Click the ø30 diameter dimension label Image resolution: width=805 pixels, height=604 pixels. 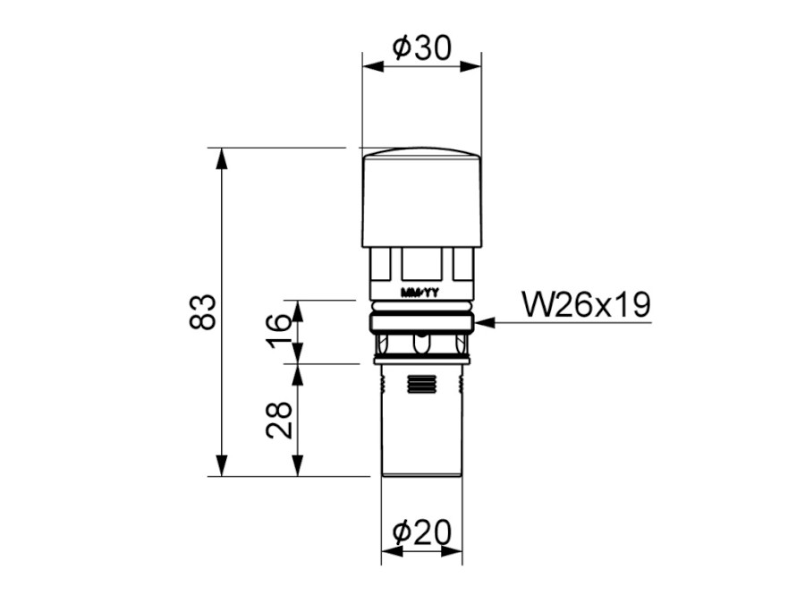tap(421, 47)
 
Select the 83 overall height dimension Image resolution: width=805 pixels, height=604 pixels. tap(202, 311)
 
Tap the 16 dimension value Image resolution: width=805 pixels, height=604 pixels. tap(279, 330)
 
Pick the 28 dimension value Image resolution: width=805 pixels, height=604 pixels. tap(279, 421)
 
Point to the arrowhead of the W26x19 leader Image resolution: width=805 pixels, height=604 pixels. tap(484, 322)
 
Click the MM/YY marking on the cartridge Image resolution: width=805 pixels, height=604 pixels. tap(420, 293)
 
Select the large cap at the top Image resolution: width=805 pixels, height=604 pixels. tap(422, 197)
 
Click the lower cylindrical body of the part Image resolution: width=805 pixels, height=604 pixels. tap(422, 421)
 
